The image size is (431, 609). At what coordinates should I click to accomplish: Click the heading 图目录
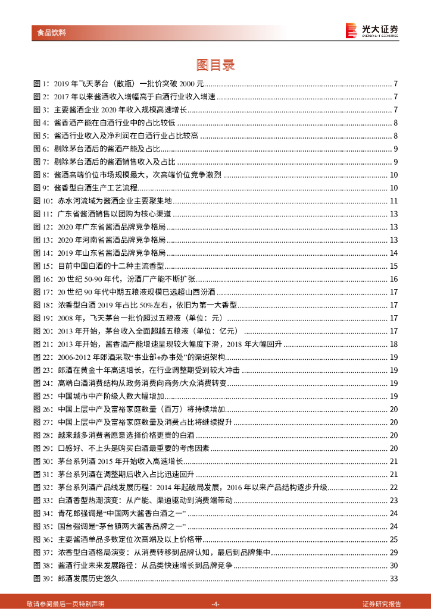pyautogui.click(x=215, y=64)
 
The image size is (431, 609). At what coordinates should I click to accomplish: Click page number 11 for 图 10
pyautogui.click(x=393, y=201)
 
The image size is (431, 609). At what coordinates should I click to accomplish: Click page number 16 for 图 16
pyautogui.click(x=393, y=279)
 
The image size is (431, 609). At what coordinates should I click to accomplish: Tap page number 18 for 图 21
pyautogui.click(x=393, y=344)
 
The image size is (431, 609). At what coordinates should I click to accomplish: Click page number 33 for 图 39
pyautogui.click(x=393, y=579)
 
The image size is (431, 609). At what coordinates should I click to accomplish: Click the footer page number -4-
pyautogui.click(x=215, y=602)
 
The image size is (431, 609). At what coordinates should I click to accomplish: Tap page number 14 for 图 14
pyautogui.click(x=393, y=253)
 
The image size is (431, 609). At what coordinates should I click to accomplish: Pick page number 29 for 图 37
pyautogui.click(x=393, y=553)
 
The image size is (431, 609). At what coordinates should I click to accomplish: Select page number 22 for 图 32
pyautogui.click(x=393, y=488)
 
